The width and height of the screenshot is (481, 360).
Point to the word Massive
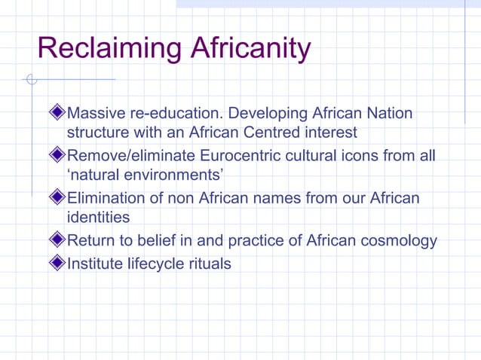click(x=96, y=114)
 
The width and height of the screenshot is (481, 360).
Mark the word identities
click(x=98, y=218)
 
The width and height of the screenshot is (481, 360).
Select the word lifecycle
click(x=155, y=264)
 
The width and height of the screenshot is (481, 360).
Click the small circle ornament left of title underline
click(x=30, y=79)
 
